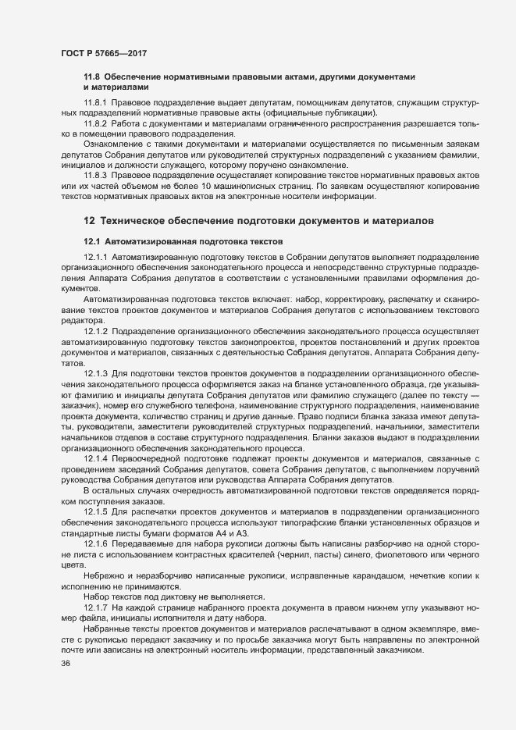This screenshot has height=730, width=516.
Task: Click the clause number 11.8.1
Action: [x=95, y=103]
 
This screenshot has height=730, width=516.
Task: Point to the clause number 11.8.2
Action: [x=95, y=123]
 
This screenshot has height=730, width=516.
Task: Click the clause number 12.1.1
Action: [x=95, y=257]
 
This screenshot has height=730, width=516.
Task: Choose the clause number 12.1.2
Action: [x=95, y=330]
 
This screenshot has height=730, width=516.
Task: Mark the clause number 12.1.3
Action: [x=95, y=374]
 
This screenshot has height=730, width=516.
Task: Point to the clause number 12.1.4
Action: [x=95, y=458]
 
